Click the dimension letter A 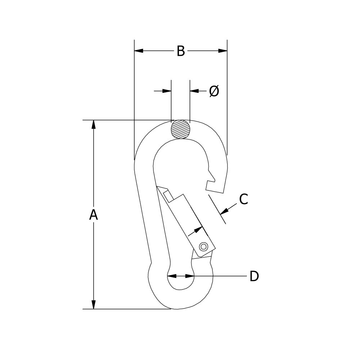94,215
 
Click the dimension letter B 180,51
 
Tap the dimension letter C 243,199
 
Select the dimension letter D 254,276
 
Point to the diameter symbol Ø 214,91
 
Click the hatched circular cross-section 180,129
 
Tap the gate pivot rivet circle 203,247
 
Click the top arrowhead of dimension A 94,125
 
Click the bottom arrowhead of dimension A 94,305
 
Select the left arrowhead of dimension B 139,51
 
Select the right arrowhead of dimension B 222,51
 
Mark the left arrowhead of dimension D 172,276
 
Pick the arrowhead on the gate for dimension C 198,229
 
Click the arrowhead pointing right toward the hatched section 167,91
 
